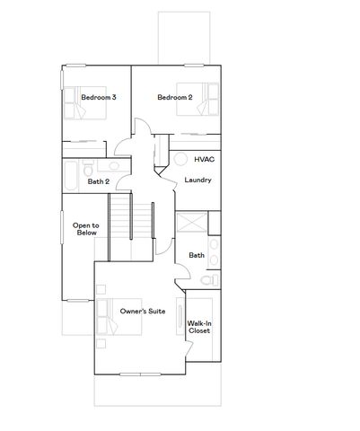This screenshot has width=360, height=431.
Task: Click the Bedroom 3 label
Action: tap(99, 97)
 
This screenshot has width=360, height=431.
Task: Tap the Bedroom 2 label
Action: tap(174, 97)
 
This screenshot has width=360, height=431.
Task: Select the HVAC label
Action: tap(204, 159)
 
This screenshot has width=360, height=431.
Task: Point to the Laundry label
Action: tap(198, 180)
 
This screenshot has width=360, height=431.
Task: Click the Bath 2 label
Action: tap(99, 181)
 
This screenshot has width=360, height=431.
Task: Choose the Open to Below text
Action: tap(86, 229)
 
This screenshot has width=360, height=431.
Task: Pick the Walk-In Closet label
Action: tap(198, 328)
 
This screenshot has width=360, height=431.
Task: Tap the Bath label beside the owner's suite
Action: tap(197, 256)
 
